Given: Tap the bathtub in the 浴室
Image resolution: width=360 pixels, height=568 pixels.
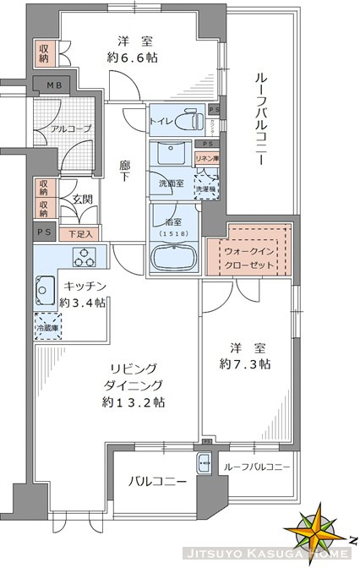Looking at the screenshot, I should click(x=175, y=256).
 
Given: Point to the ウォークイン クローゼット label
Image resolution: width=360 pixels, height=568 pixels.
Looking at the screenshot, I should click(x=248, y=253).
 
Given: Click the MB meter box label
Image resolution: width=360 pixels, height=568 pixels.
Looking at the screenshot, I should click(x=52, y=86).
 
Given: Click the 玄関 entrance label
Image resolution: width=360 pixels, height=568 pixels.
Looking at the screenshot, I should click(x=82, y=200).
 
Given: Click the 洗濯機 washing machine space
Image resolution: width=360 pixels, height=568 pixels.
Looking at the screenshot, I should click(x=207, y=183).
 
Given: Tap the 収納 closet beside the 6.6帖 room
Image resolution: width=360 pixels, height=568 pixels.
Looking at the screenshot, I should click(x=42, y=54).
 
